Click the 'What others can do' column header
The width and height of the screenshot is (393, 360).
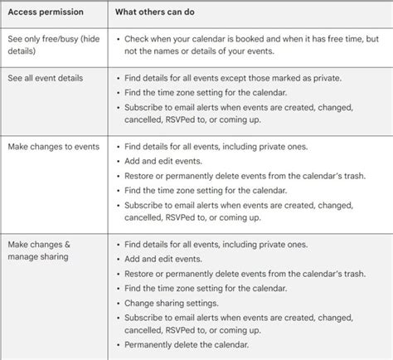[161, 14]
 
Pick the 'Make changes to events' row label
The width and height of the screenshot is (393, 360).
[53, 147]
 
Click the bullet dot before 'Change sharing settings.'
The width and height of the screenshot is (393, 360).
[119, 303]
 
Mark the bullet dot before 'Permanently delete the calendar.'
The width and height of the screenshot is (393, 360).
[119, 345]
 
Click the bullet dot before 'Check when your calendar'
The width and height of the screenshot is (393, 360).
[119, 39]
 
